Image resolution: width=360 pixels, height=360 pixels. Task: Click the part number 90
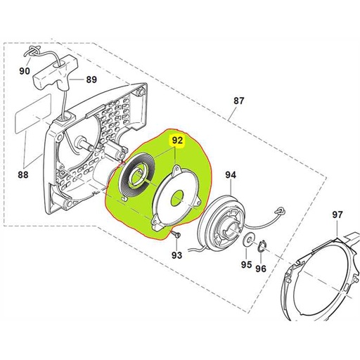pos(25,70)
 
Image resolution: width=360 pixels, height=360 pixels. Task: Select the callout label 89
pos(91,79)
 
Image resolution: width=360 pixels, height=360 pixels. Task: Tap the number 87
pos(239,101)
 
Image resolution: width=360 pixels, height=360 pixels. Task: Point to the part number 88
pos(23,174)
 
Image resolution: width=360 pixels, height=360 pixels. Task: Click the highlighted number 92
pos(177,141)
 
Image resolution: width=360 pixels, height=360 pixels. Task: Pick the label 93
pos(176,255)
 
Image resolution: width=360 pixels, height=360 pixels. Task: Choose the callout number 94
pos(231,175)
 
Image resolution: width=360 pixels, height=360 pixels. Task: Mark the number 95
pos(246,264)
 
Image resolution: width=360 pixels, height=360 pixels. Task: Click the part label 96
pos(261,269)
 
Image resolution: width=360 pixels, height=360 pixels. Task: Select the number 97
pos(337,214)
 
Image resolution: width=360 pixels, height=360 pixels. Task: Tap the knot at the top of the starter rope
pos(33,51)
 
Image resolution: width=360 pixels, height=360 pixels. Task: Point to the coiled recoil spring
pos(136,176)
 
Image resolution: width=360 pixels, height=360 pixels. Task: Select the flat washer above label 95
pos(248,239)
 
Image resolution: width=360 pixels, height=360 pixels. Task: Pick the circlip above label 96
pos(262,247)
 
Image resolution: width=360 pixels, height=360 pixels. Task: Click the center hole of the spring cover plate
pos(177,198)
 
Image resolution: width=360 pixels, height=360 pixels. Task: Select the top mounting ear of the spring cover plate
pos(176,169)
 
